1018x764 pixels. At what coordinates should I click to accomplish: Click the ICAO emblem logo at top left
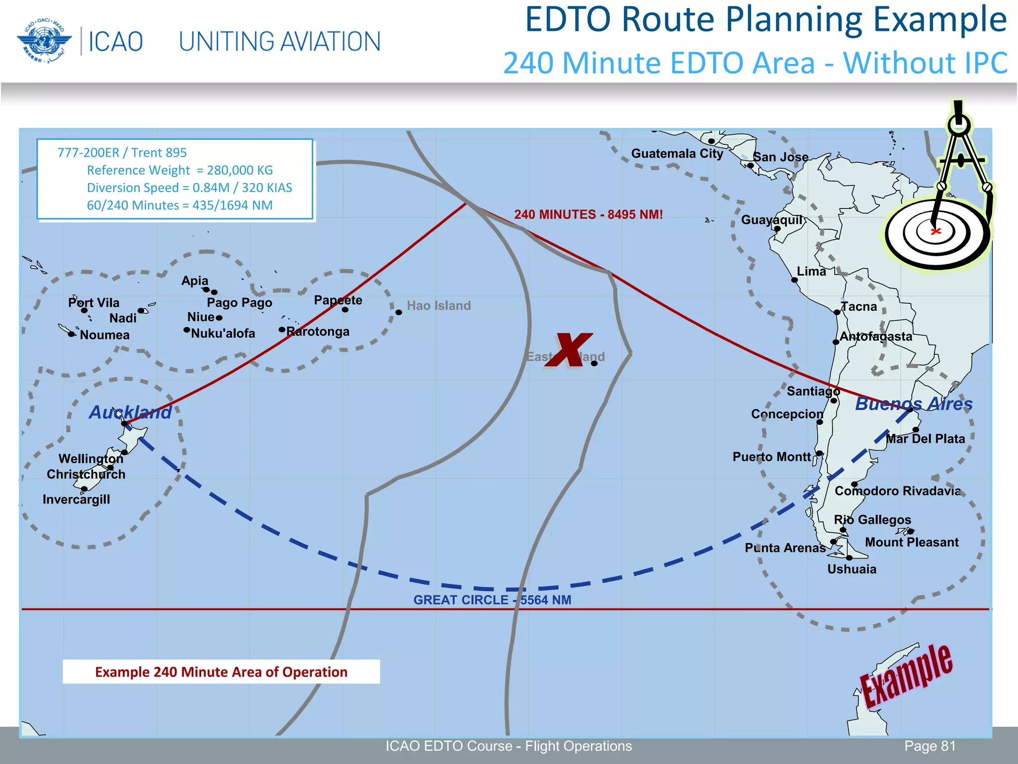[44, 41]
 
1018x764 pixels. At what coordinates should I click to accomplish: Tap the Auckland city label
[130, 412]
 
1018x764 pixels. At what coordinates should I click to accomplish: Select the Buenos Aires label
[914, 404]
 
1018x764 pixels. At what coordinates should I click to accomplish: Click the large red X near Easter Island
[569, 350]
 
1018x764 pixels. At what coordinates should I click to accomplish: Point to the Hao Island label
[438, 305]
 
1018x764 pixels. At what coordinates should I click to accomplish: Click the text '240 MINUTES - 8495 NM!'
[589, 214]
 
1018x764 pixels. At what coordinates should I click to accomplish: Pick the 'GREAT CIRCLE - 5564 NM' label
[492, 600]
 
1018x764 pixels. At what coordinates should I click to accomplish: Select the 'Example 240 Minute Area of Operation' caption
[221, 672]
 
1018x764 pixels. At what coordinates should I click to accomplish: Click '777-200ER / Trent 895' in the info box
[122, 153]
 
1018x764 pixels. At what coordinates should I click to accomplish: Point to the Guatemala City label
[677, 154]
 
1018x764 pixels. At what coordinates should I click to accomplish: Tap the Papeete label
[338, 300]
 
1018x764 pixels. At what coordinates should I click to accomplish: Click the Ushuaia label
[851, 569]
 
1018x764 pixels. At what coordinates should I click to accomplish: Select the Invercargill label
[76, 499]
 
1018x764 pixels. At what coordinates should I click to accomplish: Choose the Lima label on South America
[811, 272]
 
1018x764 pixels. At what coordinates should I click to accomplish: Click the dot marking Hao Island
[399, 312]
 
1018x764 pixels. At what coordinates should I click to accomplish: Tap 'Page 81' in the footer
[930, 746]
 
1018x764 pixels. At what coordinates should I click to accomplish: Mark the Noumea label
[104, 335]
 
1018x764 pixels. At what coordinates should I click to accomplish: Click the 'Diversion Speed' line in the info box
[189, 188]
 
